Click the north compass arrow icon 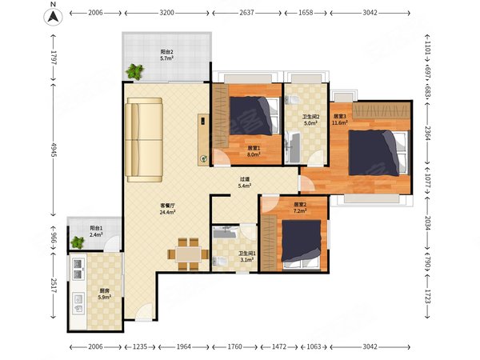click(54, 17)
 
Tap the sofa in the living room click(144, 140)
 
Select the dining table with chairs click(188, 254)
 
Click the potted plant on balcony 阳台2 click(134, 72)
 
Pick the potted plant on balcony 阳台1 click(77, 242)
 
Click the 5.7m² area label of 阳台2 click(167, 58)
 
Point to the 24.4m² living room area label click(167, 211)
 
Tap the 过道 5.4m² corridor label click(245, 182)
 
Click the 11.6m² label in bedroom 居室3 click(340, 122)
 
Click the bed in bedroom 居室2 click(302, 244)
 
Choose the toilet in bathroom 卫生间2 click(292, 100)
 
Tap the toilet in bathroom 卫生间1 click(219, 261)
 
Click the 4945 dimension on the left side click(54, 150)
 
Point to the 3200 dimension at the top click(167, 13)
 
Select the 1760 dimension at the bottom click(234, 346)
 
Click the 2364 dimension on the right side click(428, 133)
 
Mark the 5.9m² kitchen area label click(104, 297)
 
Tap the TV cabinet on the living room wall click(203, 140)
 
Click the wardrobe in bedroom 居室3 click(381, 110)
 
